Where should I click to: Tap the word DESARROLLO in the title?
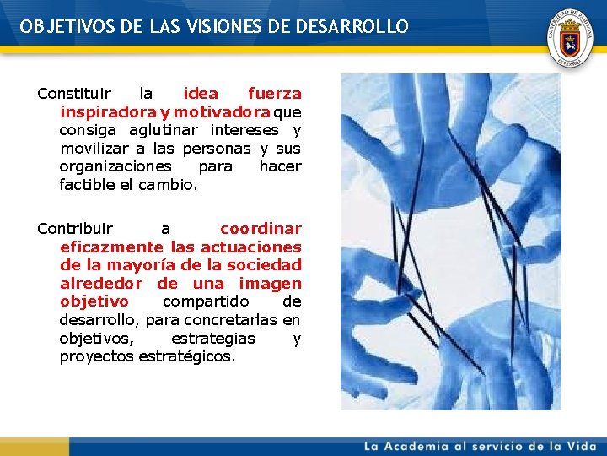pos(352,27)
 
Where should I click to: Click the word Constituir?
pos(73,94)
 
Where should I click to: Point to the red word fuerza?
pos(274,94)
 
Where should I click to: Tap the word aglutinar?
pos(164,130)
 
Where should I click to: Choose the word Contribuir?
pos(75,229)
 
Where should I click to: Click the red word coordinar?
pos(261,229)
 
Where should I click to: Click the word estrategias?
pos(212,339)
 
